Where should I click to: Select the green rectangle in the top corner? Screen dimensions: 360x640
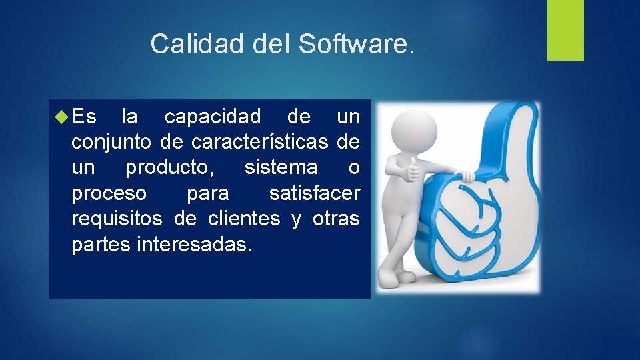pyautogui.click(x=565, y=30)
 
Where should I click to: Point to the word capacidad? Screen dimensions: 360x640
pyautogui.click(x=213, y=117)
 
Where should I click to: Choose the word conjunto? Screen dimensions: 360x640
pyautogui.click(x=111, y=143)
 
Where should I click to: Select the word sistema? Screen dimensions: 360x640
pyautogui.click(x=281, y=168)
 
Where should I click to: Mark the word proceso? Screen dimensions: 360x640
pyautogui.click(x=109, y=193)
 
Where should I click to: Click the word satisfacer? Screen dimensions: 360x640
pyautogui.click(x=314, y=193)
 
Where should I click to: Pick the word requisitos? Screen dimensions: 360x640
pyautogui.click(x=117, y=219)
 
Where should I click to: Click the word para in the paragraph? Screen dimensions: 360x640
pyautogui.click(x=207, y=193)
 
